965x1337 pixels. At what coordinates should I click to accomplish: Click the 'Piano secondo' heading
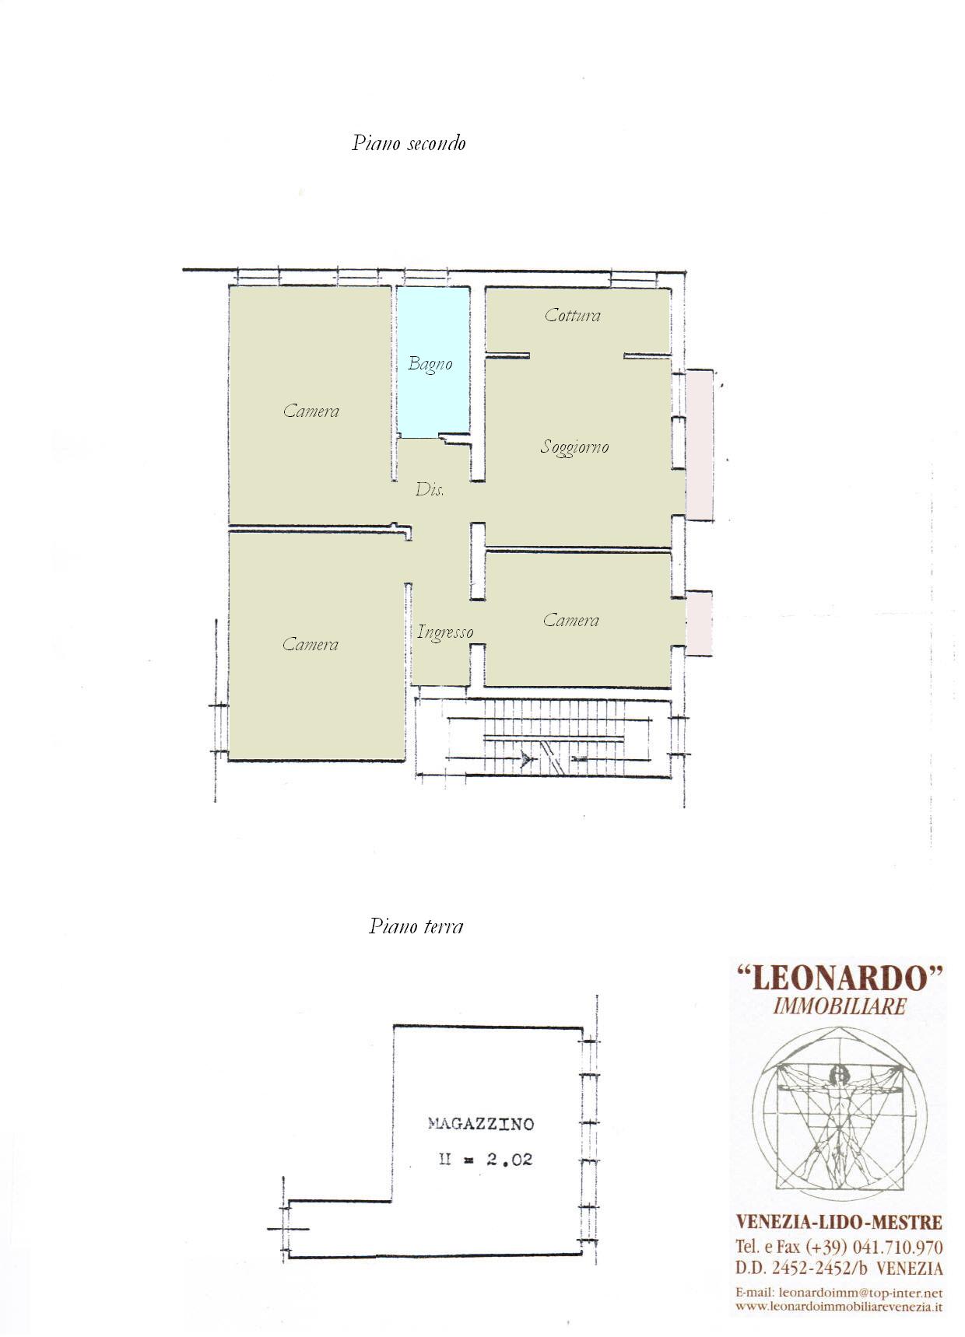pyautogui.click(x=409, y=143)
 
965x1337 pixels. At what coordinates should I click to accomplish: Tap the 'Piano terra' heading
pyautogui.click(x=416, y=926)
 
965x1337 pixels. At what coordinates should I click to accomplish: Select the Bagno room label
pyautogui.click(x=430, y=364)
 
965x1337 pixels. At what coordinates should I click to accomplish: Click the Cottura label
pyautogui.click(x=573, y=315)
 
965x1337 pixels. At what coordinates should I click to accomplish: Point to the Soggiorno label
pyautogui.click(x=574, y=447)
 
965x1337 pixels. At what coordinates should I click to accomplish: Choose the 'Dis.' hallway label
pyautogui.click(x=430, y=489)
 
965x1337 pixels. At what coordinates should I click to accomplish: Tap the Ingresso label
pyautogui.click(x=445, y=632)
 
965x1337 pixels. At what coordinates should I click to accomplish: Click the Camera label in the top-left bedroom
pyautogui.click(x=311, y=411)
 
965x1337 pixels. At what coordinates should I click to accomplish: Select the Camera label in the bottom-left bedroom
pyautogui.click(x=311, y=644)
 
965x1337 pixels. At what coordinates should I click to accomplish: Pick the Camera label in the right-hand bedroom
pyautogui.click(x=571, y=620)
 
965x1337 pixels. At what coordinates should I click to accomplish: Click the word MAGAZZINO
pyautogui.click(x=481, y=1124)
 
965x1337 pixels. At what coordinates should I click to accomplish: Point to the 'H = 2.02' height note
pyautogui.click(x=486, y=1160)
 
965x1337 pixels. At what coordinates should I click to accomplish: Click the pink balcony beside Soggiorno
pyautogui.click(x=699, y=445)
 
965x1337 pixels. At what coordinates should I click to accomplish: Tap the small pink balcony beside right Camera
pyautogui.click(x=698, y=622)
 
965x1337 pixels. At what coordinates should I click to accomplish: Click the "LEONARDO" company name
pyautogui.click(x=839, y=977)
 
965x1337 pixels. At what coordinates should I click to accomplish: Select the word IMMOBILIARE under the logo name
pyautogui.click(x=840, y=1006)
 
